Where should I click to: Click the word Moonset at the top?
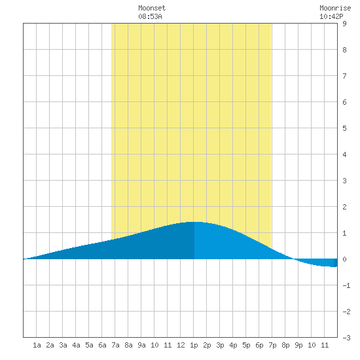pos(152,9)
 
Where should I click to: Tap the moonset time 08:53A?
pos(150,16)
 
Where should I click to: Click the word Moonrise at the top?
pos(335,9)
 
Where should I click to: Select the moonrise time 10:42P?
pos(331,16)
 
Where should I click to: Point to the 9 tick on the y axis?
pos(344,24)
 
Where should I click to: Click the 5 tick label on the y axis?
pos(344,128)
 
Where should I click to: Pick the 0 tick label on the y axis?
pos(344,259)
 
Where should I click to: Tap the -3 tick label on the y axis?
pos(346,338)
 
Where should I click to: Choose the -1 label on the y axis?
pos(346,285)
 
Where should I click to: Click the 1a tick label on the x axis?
pos(37,345)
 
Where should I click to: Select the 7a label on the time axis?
pos(115,345)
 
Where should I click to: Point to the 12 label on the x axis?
pos(181,345)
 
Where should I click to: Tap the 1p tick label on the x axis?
pos(194,345)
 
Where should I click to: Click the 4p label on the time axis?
pos(233,345)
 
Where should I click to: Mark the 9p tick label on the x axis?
pos(298,345)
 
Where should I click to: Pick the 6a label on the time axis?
pos(102,345)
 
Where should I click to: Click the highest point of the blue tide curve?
pos(194,222)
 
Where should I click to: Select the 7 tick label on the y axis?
pos(344,76)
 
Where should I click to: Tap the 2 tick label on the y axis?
pos(344,207)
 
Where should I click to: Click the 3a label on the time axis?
pos(63,345)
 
